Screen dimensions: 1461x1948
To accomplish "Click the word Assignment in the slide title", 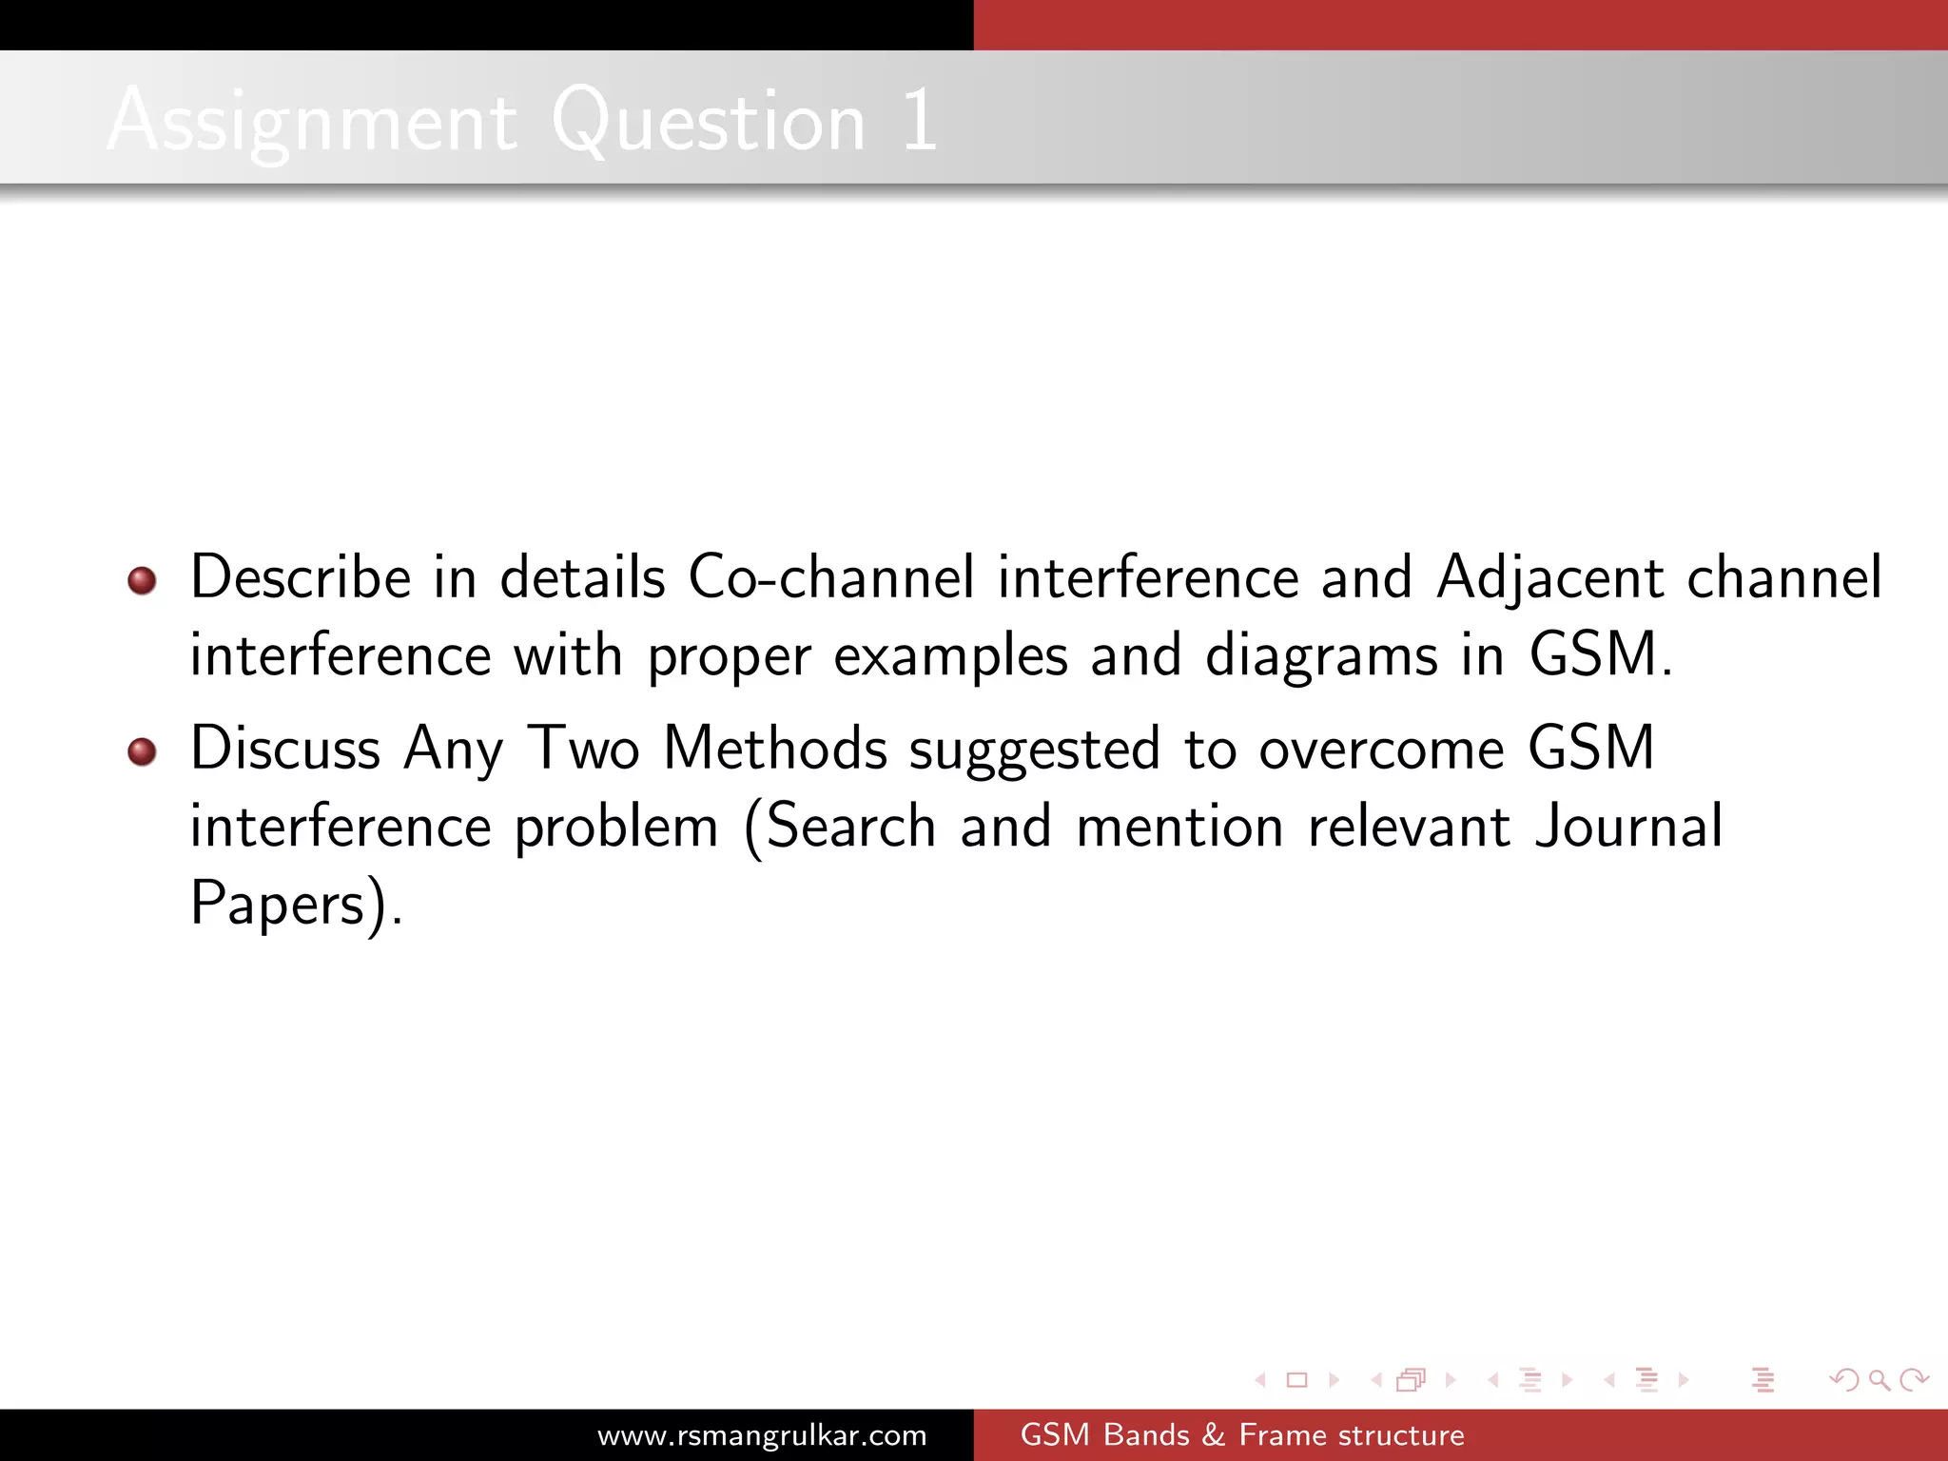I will pyautogui.click(x=312, y=122).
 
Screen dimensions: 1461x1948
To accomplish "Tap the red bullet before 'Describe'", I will pyautogui.click(x=142, y=580).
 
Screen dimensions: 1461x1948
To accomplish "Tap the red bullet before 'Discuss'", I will pyautogui.click(x=142, y=751).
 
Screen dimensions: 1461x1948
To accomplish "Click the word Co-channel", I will pyautogui.click(x=830, y=577).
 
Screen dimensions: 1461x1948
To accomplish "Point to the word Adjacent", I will pyautogui.click(x=1549, y=579).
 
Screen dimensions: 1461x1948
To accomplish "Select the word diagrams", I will pyautogui.click(x=1321, y=656).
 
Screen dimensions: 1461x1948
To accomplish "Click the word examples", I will pyautogui.click(x=950, y=656).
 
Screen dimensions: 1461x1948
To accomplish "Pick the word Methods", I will pyautogui.click(x=775, y=748).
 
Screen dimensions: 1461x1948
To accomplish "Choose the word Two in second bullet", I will pyautogui.click(x=583, y=748).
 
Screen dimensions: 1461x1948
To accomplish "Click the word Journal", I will pyautogui.click(x=1628, y=826).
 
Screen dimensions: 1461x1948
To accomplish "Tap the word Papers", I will pyautogui.click(x=278, y=904).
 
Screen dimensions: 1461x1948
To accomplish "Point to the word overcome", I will pyautogui.click(x=1381, y=750).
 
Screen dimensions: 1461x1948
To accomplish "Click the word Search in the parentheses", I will pyautogui.click(x=851, y=826).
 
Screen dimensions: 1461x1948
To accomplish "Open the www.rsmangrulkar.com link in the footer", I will pyautogui.click(x=762, y=1435).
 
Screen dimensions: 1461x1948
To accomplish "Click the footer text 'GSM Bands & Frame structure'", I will pyautogui.click(x=1242, y=1435).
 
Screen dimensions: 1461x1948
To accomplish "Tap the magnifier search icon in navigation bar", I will pyautogui.click(x=1878, y=1379).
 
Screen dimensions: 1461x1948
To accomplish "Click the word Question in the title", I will pyautogui.click(x=708, y=122).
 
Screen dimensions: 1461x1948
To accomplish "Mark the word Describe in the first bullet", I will pyautogui.click(x=301, y=577).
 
